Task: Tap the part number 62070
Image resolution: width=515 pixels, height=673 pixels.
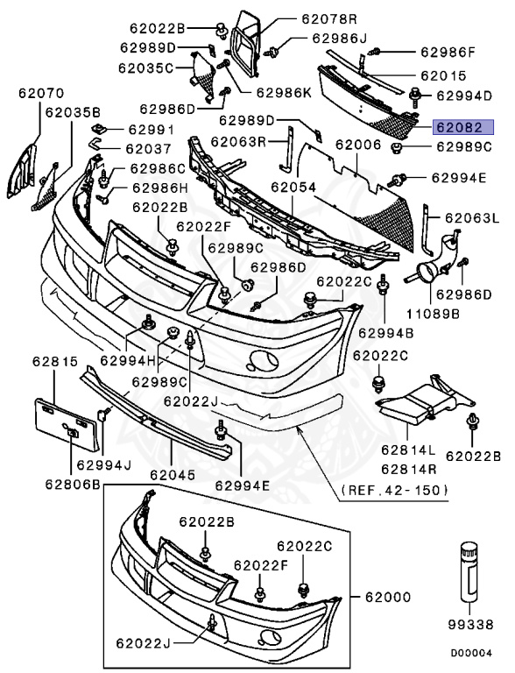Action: point(37,91)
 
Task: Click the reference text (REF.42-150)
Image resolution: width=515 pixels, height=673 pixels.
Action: point(394,490)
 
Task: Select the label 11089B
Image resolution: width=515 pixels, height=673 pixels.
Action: point(427,309)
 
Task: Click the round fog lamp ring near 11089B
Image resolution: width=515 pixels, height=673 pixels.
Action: point(428,273)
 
